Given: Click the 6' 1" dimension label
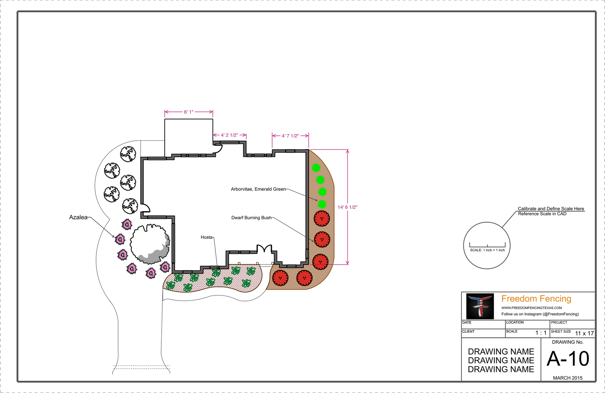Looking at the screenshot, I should coord(188,112).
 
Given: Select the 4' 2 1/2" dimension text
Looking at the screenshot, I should coord(229,135).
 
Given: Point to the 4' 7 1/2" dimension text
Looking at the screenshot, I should coord(290,136).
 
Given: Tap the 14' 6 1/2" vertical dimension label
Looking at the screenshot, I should coord(347,207).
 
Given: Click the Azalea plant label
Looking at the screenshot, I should coord(78,217).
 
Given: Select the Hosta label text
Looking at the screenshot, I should coord(206,237).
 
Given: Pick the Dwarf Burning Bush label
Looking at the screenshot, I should coord(251,218).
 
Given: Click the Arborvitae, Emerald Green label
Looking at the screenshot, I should coord(258,189).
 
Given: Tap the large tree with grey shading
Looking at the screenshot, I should coord(150,243).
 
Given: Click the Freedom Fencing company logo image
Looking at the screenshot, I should coord(480,306).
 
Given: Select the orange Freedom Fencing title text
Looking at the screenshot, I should coord(536,299).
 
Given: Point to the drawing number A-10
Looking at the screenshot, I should coord(568,359).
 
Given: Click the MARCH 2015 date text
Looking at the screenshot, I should coord(568,378).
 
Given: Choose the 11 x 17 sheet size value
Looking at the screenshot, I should coord(584,333).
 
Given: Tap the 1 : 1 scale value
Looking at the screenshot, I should coord(541,333).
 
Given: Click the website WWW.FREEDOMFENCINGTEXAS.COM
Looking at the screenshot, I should coord(532,308).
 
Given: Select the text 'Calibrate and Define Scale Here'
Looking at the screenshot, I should coord(551,209).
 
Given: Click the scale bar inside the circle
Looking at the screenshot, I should coord(487,245).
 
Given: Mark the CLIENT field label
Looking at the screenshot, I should coord(468,331).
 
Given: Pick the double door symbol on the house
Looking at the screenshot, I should coord(264,249).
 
